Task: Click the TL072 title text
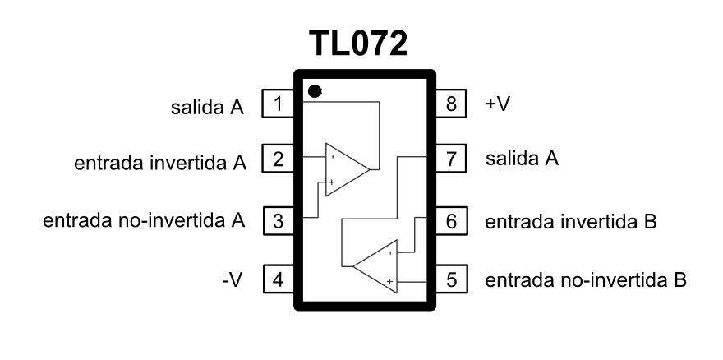[x=358, y=44]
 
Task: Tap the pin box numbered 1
[x=278, y=104]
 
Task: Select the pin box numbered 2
[x=278, y=159]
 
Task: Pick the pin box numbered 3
[x=279, y=221]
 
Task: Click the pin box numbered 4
[x=279, y=279]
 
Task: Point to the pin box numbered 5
[x=451, y=279]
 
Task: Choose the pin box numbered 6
[x=451, y=221]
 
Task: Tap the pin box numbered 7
[x=450, y=159]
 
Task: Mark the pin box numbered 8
[x=450, y=104]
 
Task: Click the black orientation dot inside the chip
[x=315, y=91]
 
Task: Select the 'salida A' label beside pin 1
[x=207, y=107]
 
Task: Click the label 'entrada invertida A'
[x=160, y=163]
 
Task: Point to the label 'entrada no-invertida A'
[x=144, y=220]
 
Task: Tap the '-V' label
[x=233, y=279]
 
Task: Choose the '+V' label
[x=498, y=104]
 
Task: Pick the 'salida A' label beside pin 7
[x=522, y=159]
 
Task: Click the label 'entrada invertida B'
[x=571, y=222]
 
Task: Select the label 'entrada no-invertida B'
[x=586, y=280]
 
